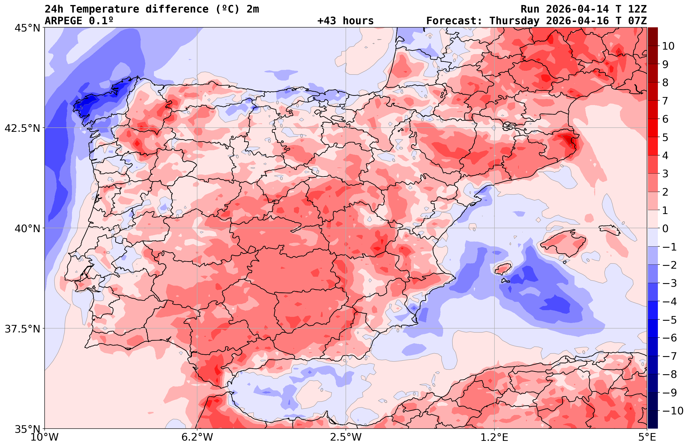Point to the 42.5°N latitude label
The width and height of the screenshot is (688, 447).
point(22,128)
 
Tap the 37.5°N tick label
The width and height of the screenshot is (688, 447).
point(22,329)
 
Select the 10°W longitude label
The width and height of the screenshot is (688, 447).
point(44,437)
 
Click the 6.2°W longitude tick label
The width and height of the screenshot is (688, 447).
point(197,437)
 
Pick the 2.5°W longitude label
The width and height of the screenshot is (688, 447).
point(346,437)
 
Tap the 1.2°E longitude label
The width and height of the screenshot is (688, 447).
point(494,437)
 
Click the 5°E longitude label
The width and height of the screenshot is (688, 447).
point(647,437)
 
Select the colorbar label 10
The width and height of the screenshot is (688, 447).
point(668,46)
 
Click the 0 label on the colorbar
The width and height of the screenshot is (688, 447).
point(665,229)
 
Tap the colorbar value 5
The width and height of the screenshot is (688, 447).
point(665,138)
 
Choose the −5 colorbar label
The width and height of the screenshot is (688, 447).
point(669,320)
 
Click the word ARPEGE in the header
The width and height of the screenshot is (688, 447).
point(63,21)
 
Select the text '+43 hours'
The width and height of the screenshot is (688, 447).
point(345,21)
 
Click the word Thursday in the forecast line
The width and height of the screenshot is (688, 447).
point(514,21)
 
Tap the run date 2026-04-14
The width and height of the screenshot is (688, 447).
point(577,9)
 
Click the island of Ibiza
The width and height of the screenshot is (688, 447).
point(503,269)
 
